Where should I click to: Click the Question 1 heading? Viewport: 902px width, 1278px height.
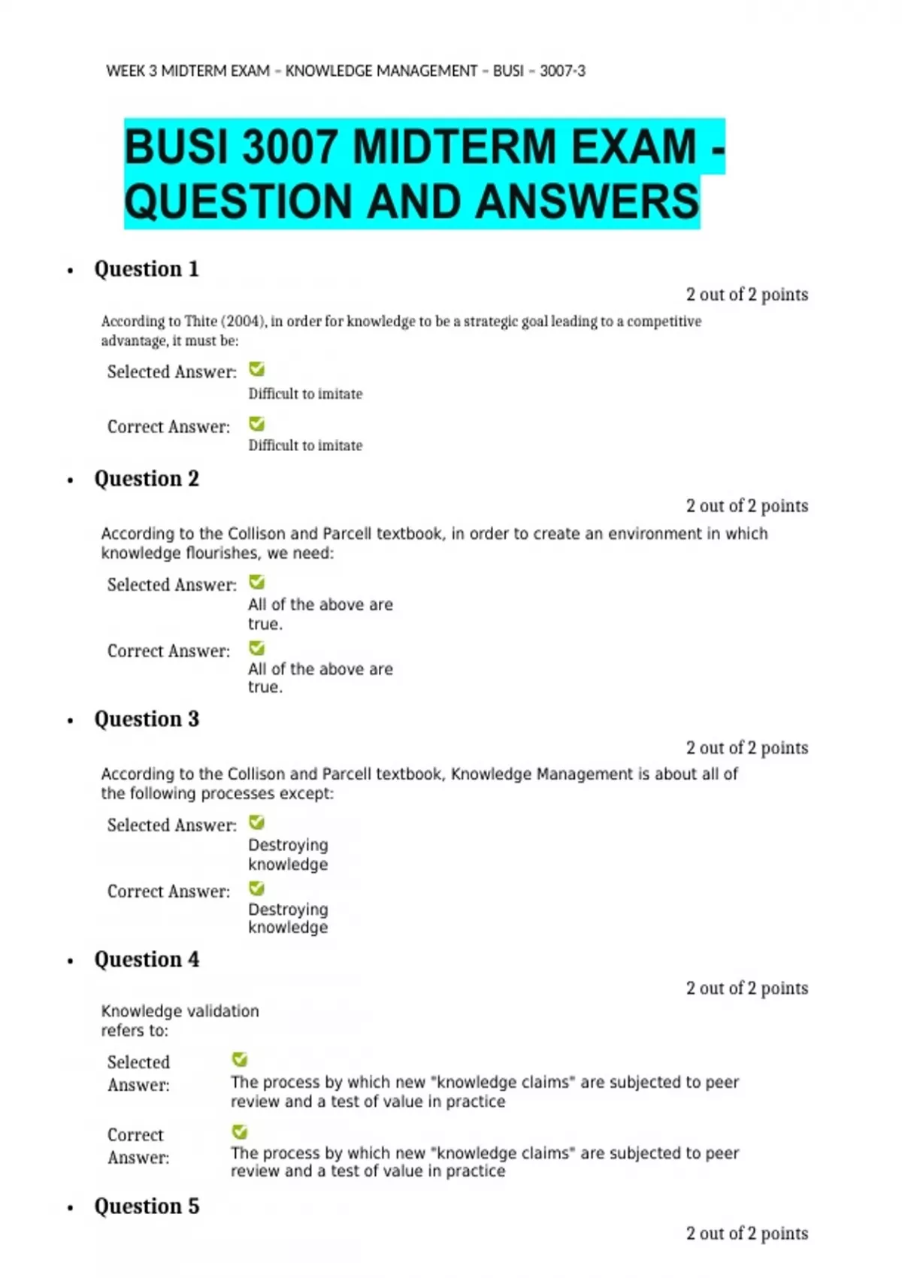(x=147, y=269)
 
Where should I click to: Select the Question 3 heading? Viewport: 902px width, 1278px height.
(x=147, y=719)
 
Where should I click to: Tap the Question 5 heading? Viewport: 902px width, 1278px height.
(x=147, y=1207)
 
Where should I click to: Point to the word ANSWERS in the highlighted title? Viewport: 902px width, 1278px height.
(x=587, y=201)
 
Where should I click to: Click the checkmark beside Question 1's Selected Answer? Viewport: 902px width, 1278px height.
(x=257, y=369)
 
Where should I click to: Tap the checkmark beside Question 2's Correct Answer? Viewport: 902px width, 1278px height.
(x=257, y=648)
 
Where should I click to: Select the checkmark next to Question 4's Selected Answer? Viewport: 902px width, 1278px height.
(x=240, y=1060)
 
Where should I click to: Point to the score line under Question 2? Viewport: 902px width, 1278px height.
(x=746, y=506)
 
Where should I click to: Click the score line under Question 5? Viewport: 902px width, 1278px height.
(x=746, y=1234)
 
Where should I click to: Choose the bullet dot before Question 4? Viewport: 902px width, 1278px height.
(x=71, y=962)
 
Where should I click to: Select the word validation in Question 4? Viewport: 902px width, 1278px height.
(x=221, y=1011)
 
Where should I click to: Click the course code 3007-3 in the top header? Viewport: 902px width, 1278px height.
(x=562, y=71)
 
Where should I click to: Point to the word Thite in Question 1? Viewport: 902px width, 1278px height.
(x=201, y=322)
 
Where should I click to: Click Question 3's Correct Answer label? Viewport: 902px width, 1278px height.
(x=168, y=892)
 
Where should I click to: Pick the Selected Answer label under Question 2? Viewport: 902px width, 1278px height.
(x=171, y=585)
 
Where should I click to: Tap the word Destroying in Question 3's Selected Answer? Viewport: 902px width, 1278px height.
(x=288, y=845)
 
